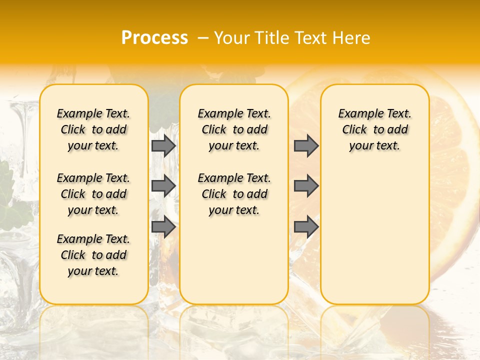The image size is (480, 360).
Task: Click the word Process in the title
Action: point(154,38)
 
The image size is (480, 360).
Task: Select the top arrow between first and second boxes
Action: point(163,145)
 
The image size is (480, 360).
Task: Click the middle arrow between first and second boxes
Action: point(163,186)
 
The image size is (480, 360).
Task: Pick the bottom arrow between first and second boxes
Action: point(163,227)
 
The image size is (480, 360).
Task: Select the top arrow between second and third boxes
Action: point(306,145)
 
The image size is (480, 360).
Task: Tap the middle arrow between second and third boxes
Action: point(306,186)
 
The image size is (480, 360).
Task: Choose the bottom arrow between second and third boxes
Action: point(306,227)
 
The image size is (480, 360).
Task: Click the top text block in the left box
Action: point(93,129)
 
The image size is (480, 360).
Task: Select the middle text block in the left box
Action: point(93,194)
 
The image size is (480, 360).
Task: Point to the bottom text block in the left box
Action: point(93,255)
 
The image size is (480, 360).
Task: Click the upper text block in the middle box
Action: point(234,129)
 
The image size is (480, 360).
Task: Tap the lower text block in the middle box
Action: point(234,194)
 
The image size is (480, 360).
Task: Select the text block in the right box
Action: point(374,129)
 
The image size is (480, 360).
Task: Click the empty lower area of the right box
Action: point(374,235)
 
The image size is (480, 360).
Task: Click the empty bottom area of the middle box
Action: point(234,265)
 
